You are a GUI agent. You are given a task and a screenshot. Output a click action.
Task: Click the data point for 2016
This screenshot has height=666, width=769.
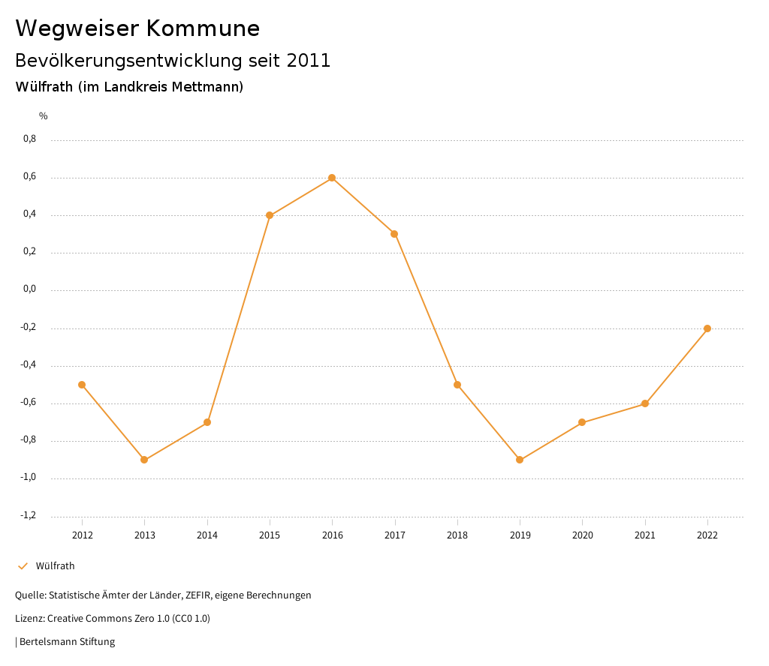click(332, 178)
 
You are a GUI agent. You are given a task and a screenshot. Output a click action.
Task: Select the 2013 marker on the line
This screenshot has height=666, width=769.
click(144, 460)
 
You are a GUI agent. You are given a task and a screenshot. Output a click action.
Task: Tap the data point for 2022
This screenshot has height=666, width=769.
click(707, 328)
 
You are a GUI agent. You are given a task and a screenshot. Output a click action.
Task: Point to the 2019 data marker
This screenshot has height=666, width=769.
click(520, 460)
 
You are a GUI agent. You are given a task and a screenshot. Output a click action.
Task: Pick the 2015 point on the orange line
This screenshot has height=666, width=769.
click(270, 215)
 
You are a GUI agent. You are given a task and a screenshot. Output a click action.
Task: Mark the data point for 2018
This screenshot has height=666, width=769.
click(457, 385)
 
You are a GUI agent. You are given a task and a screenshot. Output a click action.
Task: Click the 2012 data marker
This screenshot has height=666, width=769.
click(82, 385)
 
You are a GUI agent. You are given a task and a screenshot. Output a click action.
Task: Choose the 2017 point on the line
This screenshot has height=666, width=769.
click(394, 234)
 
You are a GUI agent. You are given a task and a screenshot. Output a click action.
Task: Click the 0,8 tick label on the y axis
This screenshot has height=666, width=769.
click(29, 139)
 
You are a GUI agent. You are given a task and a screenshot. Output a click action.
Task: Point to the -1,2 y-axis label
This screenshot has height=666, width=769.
click(29, 515)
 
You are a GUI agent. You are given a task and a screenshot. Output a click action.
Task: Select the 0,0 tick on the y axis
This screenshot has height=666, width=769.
click(29, 289)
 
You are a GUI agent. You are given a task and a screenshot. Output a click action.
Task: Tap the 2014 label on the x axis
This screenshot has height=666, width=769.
click(207, 535)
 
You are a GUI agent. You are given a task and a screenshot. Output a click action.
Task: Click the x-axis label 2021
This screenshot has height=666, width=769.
click(645, 535)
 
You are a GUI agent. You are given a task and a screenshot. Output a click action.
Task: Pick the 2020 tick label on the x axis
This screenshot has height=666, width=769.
click(583, 535)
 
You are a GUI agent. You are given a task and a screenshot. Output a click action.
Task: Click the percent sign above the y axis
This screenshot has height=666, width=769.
click(44, 116)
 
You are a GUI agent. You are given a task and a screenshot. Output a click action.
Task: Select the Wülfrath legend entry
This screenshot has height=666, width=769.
click(55, 566)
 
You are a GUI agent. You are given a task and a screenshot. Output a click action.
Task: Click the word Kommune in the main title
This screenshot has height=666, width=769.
click(203, 28)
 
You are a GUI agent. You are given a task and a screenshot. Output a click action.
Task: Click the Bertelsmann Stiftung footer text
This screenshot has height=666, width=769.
click(67, 642)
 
